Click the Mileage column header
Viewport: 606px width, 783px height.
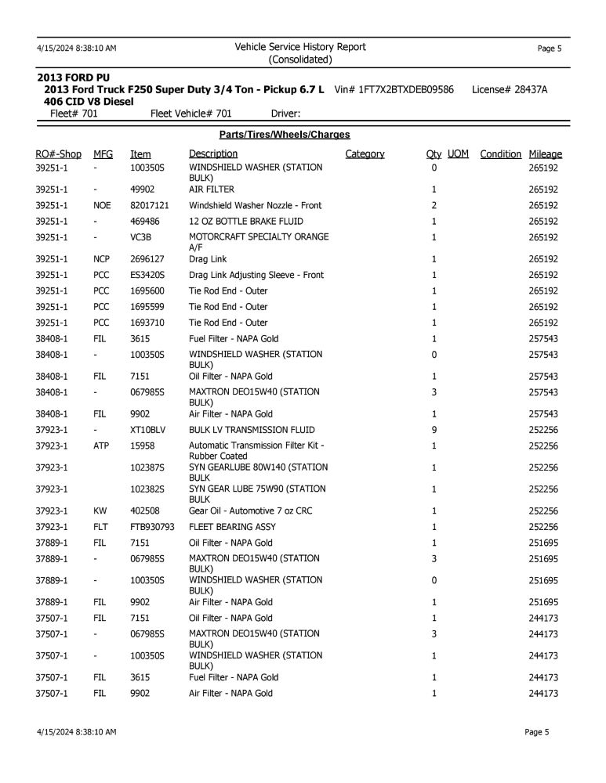[545, 154]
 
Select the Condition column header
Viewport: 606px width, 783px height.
[500, 154]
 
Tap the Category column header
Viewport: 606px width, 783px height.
[365, 154]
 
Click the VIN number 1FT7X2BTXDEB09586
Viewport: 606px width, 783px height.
[405, 90]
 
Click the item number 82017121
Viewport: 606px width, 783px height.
[150, 205]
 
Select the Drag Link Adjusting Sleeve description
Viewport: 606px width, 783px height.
[256, 275]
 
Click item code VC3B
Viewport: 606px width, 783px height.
[141, 237]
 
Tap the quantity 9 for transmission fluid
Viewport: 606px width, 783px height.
[434, 430]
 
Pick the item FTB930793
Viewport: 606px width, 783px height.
[153, 527]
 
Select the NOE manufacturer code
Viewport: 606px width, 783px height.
[102, 205]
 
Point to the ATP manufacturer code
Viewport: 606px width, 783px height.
[101, 446]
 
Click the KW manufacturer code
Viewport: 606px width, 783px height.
[100, 511]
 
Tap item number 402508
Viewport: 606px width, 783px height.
[145, 511]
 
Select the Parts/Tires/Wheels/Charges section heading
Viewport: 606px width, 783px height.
[285, 135]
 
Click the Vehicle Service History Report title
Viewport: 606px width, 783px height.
[300, 47]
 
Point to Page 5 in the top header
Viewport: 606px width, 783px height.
[549, 49]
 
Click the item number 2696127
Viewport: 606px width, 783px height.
[147, 259]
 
